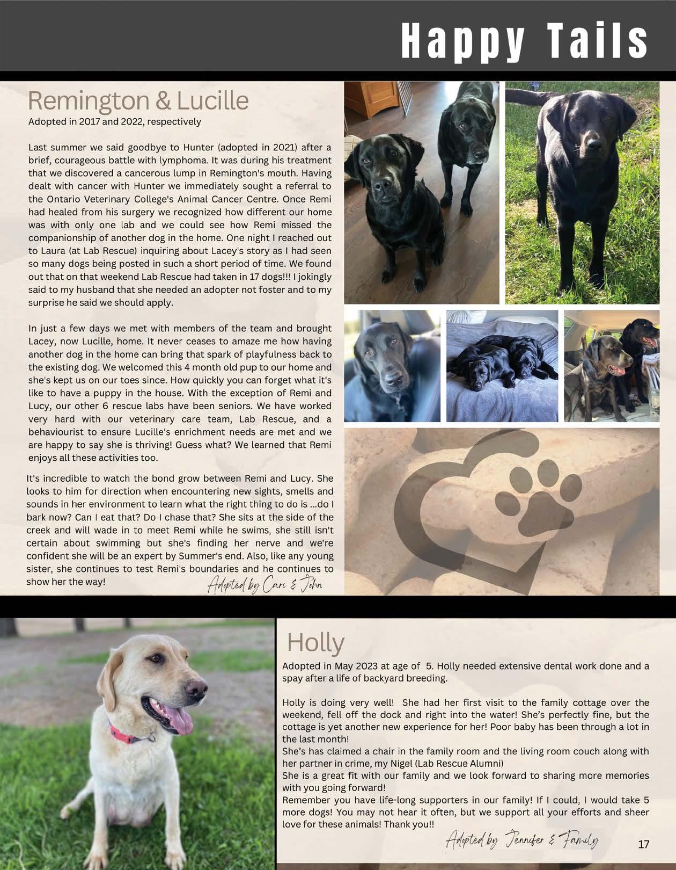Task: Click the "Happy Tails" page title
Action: point(524,41)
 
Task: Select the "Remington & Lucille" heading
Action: point(138,101)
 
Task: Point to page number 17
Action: point(643,844)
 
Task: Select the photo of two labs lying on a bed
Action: point(502,366)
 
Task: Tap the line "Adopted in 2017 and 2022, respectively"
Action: point(114,121)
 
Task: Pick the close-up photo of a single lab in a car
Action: point(392,366)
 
